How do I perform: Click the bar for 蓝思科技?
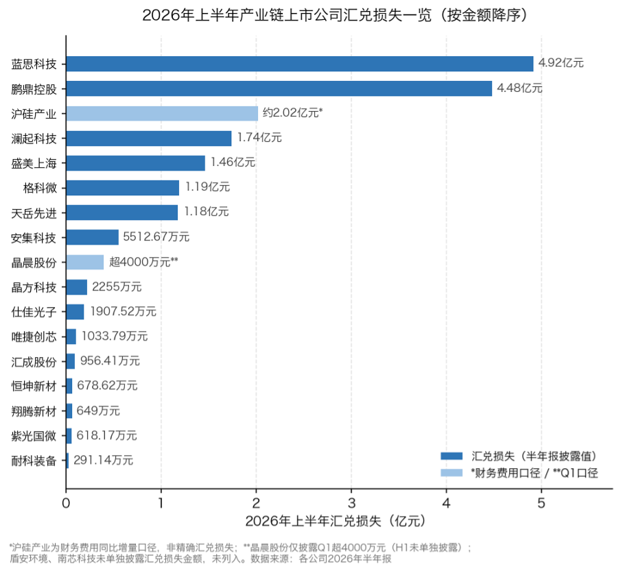pos(300,64)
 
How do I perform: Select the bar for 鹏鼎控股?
pos(279,88)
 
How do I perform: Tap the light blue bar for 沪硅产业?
pos(162,114)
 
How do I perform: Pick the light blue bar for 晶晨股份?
pos(85,262)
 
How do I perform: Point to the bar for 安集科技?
pos(92,237)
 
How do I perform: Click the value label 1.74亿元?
pos(259,138)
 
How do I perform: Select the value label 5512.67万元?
pos(156,237)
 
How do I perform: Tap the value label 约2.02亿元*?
pos(292,113)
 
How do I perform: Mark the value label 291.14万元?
pos(104,461)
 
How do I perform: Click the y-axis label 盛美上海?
pos(34,164)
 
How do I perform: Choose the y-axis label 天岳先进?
pos(34,214)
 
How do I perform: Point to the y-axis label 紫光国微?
pos(34,436)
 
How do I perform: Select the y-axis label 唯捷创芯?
pos(34,337)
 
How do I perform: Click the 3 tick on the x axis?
pos(351,503)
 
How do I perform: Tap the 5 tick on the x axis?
pos(541,503)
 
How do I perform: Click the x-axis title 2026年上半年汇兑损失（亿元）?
pos(336,521)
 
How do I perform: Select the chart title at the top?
pos(336,16)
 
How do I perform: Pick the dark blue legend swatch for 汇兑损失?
pos(451,456)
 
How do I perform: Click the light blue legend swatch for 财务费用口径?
pos(451,473)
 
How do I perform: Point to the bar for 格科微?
pos(123,188)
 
